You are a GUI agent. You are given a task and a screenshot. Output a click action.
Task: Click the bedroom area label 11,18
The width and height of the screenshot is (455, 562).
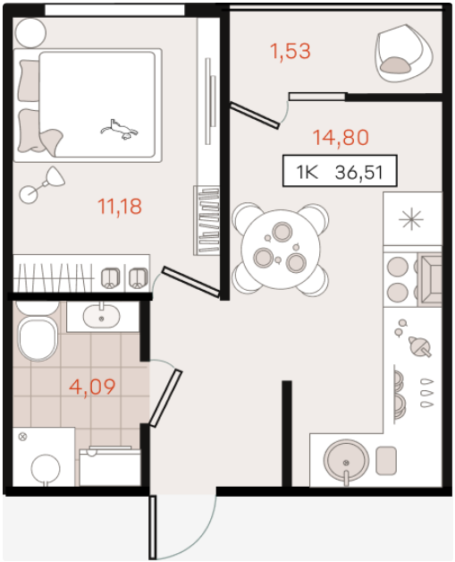click(120, 207)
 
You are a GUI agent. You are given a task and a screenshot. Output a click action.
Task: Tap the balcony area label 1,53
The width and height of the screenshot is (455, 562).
click(290, 51)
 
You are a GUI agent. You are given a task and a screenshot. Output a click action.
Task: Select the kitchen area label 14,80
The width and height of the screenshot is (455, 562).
click(341, 137)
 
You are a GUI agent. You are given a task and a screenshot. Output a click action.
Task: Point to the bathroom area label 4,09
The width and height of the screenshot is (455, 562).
click(92, 387)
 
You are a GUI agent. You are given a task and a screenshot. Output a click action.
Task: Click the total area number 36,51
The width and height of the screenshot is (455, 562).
click(359, 173)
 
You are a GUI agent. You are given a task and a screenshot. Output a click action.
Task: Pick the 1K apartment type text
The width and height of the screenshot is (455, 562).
click(307, 172)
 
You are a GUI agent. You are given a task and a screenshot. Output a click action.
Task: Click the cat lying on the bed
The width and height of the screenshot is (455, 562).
click(119, 130)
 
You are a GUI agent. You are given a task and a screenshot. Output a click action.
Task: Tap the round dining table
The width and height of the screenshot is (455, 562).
click(281, 250)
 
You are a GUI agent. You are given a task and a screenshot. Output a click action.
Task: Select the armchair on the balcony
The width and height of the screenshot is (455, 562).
click(403, 53)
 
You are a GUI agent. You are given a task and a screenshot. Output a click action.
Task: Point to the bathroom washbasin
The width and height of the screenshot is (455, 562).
click(102, 316)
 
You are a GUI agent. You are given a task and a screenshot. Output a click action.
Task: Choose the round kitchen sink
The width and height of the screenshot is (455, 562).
click(346, 461)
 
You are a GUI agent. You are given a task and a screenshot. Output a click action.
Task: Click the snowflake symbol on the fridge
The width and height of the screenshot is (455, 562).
click(411, 218)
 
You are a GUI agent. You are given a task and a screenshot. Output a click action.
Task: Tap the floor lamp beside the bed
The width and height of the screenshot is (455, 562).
click(42, 184)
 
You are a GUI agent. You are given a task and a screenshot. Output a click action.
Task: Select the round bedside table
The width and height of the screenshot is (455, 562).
click(30, 32)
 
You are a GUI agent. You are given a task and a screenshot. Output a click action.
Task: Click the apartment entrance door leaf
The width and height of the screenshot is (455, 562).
click(153, 527)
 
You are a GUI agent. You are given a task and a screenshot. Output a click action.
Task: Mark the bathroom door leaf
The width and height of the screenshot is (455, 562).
click(165, 398)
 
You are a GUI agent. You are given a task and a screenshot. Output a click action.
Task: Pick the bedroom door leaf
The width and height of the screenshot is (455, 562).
click(190, 281)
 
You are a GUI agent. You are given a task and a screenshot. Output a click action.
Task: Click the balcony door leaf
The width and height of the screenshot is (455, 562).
click(255, 115)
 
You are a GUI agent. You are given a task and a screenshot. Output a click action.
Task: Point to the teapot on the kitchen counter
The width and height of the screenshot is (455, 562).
click(420, 345)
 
